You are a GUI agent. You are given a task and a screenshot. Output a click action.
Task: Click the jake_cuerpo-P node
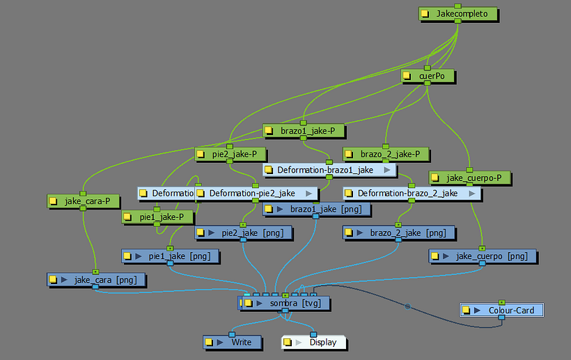click(474, 178)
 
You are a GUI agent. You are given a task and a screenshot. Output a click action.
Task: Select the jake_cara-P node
click(86, 201)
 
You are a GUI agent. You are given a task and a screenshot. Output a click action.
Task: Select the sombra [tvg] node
click(286, 304)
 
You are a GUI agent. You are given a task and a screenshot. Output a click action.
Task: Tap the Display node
click(317, 342)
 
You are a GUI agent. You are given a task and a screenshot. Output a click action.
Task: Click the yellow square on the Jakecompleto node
click(425, 14)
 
